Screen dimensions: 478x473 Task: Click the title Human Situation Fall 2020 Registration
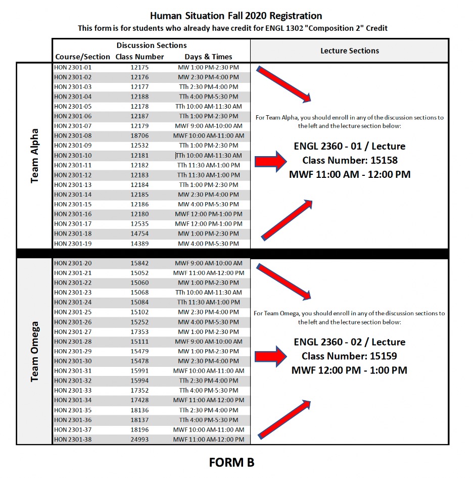pyautogui.click(x=235, y=16)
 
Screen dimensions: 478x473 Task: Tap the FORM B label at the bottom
pyautogui.click(x=231, y=462)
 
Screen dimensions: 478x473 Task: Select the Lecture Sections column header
pyautogui.click(x=349, y=51)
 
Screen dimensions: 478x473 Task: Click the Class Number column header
pyautogui.click(x=139, y=57)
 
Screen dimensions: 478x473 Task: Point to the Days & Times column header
pyautogui.click(x=208, y=57)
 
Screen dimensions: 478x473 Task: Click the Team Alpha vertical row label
pyautogui.click(x=35, y=156)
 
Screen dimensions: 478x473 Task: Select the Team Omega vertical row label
pyautogui.click(x=35, y=352)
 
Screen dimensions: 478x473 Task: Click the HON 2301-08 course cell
pyautogui.click(x=73, y=136)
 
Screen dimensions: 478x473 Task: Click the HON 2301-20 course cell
pyautogui.click(x=73, y=263)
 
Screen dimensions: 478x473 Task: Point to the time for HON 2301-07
pyautogui.click(x=208, y=126)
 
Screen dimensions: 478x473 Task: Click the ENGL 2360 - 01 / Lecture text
pyautogui.click(x=349, y=147)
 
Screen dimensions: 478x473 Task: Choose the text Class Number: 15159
pyautogui.click(x=349, y=356)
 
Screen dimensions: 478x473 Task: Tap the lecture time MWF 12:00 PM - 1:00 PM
pyautogui.click(x=349, y=370)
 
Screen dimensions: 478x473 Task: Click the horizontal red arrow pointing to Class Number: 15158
pyautogui.click(x=270, y=162)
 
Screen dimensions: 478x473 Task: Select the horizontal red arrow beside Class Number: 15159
pyautogui.click(x=270, y=356)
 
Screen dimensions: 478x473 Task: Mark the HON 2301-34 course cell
pyautogui.click(x=73, y=400)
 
